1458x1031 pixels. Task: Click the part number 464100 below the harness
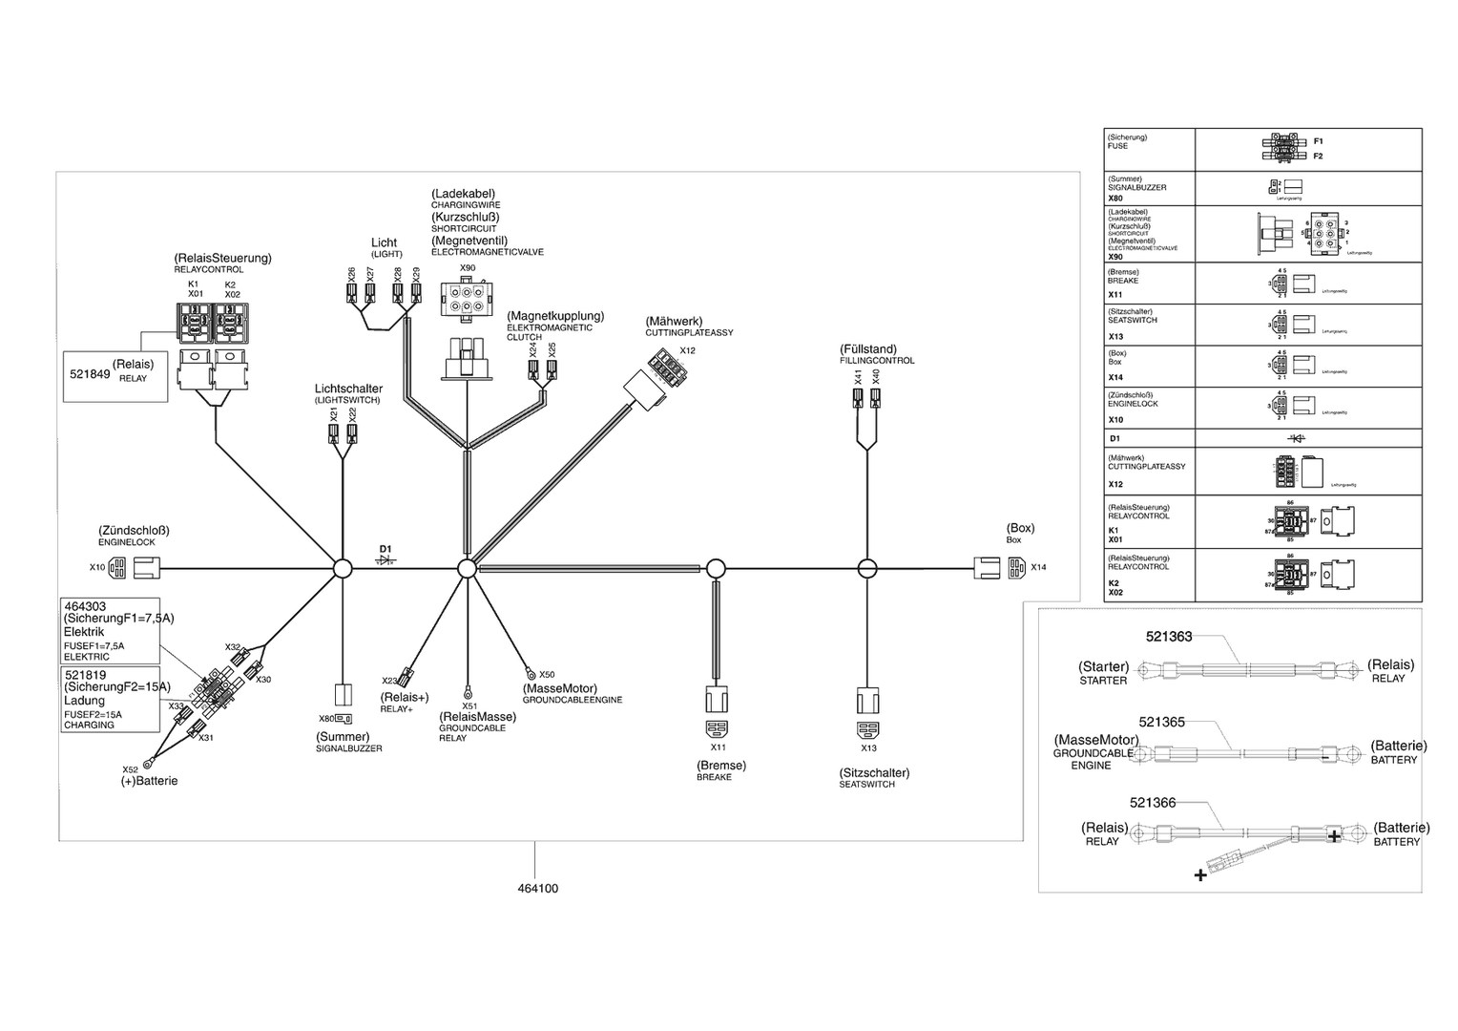537,889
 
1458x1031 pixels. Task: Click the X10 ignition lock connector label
97,567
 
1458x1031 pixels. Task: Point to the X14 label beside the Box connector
1038,567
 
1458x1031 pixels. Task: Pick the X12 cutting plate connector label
687,351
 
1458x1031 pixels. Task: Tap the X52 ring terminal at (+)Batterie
149,761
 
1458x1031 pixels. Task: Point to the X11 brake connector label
718,747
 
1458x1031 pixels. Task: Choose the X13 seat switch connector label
868,748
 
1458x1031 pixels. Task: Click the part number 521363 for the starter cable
1169,637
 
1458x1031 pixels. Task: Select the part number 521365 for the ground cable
1161,723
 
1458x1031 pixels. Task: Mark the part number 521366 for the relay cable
1153,803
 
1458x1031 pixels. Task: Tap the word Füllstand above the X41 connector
869,349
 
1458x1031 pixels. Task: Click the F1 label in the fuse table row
1318,141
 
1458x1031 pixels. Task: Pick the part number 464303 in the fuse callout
85,606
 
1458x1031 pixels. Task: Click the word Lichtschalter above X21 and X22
348,389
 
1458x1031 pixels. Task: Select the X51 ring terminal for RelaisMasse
468,691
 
